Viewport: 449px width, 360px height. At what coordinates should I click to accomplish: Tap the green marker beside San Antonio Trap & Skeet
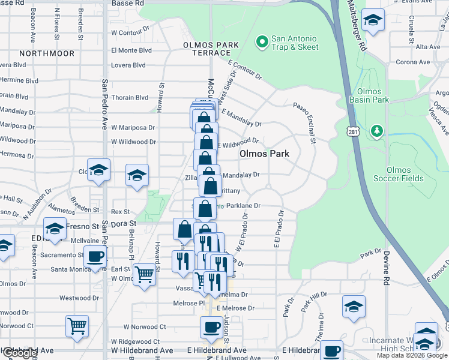(262, 43)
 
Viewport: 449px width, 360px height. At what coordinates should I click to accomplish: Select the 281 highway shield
(352, 131)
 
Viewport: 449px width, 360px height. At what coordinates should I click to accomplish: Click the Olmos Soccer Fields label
(405, 174)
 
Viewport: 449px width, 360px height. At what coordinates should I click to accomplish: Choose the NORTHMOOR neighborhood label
(47, 53)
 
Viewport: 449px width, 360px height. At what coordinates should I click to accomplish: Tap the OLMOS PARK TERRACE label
(211, 49)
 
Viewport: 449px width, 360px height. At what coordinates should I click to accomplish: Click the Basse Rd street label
(128, 3)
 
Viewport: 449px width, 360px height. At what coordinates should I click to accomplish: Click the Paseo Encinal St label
(304, 123)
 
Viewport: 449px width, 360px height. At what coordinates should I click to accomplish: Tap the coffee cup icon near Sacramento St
(95, 257)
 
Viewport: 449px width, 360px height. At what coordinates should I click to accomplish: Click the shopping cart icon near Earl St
(145, 274)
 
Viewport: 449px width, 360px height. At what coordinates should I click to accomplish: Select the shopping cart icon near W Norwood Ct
(77, 326)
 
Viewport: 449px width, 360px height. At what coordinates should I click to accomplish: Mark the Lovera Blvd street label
(129, 66)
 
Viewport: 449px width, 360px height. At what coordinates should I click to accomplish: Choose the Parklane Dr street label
(243, 206)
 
